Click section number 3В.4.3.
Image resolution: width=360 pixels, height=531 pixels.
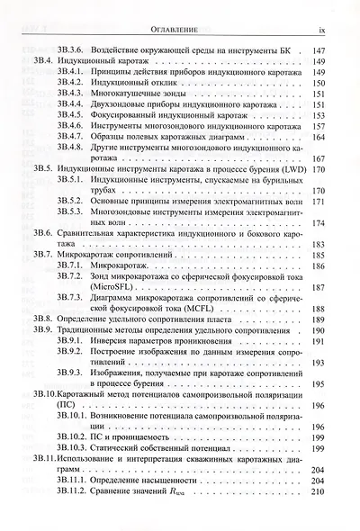(x=73, y=93)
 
